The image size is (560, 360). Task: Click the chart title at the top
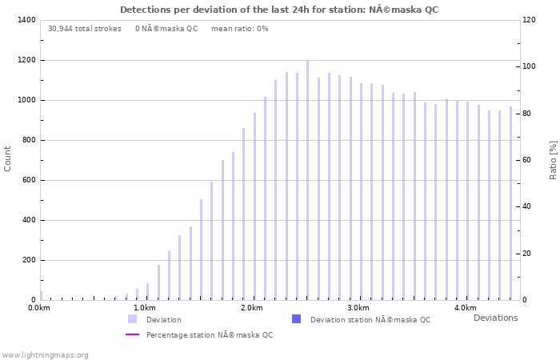click(279, 10)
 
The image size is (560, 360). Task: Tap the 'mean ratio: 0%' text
click(240, 29)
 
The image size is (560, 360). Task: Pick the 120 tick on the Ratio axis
click(530, 20)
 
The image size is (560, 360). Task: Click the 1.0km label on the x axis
click(145, 308)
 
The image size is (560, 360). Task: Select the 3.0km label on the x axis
click(358, 308)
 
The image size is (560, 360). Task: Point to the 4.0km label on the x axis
click(465, 308)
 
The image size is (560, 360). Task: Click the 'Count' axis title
click(8, 158)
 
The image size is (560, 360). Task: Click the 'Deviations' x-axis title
click(495, 318)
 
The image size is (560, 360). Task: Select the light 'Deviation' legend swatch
click(132, 319)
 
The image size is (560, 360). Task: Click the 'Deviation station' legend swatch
click(296, 319)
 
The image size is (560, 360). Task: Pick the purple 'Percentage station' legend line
click(132, 334)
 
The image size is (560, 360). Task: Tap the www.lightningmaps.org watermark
click(45, 354)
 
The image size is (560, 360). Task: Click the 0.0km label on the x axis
click(38, 308)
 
